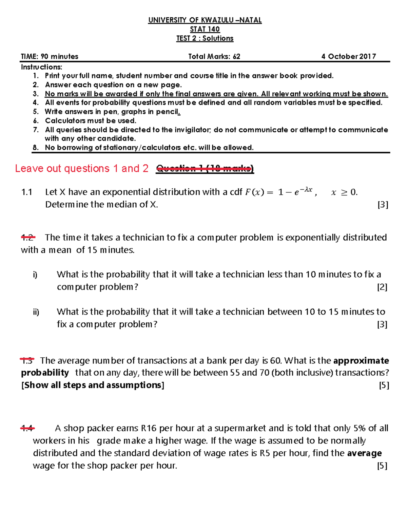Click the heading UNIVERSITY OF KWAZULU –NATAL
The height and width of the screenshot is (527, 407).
click(205, 20)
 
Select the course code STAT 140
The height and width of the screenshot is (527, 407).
click(205, 30)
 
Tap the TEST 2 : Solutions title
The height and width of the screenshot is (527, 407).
click(205, 38)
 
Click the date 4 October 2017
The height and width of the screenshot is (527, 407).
click(349, 57)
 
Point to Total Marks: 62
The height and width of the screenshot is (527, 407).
click(214, 57)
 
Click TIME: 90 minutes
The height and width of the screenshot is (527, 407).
click(50, 57)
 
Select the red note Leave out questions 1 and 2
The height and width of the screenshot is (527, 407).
click(82, 169)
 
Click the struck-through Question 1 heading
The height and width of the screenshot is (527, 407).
click(205, 169)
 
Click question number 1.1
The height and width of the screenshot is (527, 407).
click(26, 192)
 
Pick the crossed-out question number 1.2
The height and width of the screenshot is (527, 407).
click(28, 238)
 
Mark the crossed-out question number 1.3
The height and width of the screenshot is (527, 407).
click(27, 360)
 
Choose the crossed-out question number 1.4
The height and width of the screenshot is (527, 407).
click(27, 428)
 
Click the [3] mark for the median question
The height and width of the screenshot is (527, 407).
click(383, 205)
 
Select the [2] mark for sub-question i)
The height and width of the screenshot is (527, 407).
click(382, 287)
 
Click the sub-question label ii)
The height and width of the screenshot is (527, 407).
click(36, 312)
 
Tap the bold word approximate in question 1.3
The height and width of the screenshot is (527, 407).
click(361, 360)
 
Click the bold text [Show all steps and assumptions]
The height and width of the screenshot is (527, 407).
click(93, 385)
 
